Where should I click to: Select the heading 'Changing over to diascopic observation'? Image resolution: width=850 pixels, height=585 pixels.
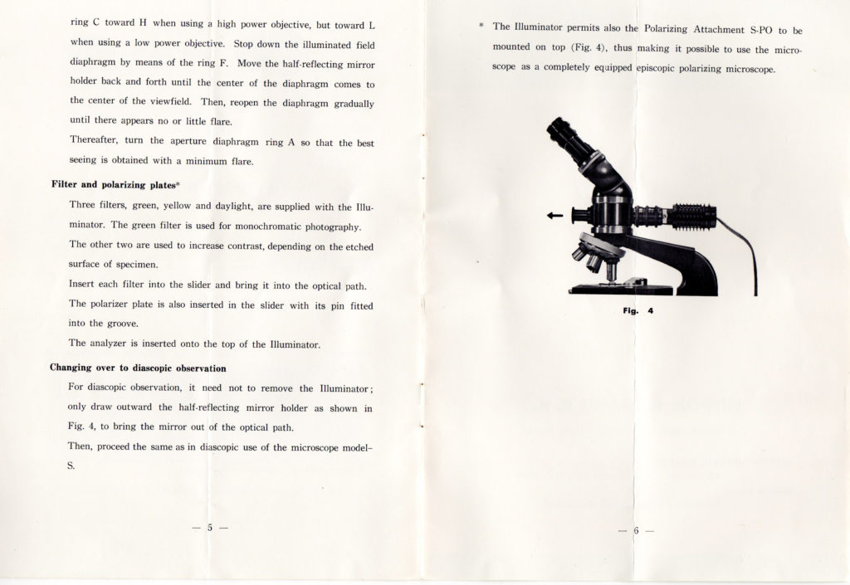[x=138, y=368]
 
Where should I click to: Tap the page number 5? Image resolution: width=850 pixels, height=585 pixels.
[x=210, y=527]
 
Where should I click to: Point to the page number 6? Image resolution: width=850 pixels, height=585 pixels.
[x=637, y=529]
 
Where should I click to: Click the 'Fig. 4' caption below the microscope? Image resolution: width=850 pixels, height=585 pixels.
[x=638, y=310]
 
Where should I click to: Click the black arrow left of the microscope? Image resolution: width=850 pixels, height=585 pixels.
[x=554, y=216]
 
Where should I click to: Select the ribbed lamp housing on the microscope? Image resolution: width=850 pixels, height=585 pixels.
[x=693, y=217]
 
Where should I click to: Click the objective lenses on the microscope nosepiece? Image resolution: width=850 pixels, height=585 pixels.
[x=594, y=261]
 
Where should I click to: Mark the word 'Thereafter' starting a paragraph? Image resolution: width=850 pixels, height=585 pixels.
[x=95, y=142]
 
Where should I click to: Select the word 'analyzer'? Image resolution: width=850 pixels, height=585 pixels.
[x=115, y=344]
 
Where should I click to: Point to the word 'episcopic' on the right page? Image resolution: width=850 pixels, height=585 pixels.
[x=661, y=68]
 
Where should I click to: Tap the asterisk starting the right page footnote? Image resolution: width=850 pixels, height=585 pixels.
[x=482, y=27]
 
